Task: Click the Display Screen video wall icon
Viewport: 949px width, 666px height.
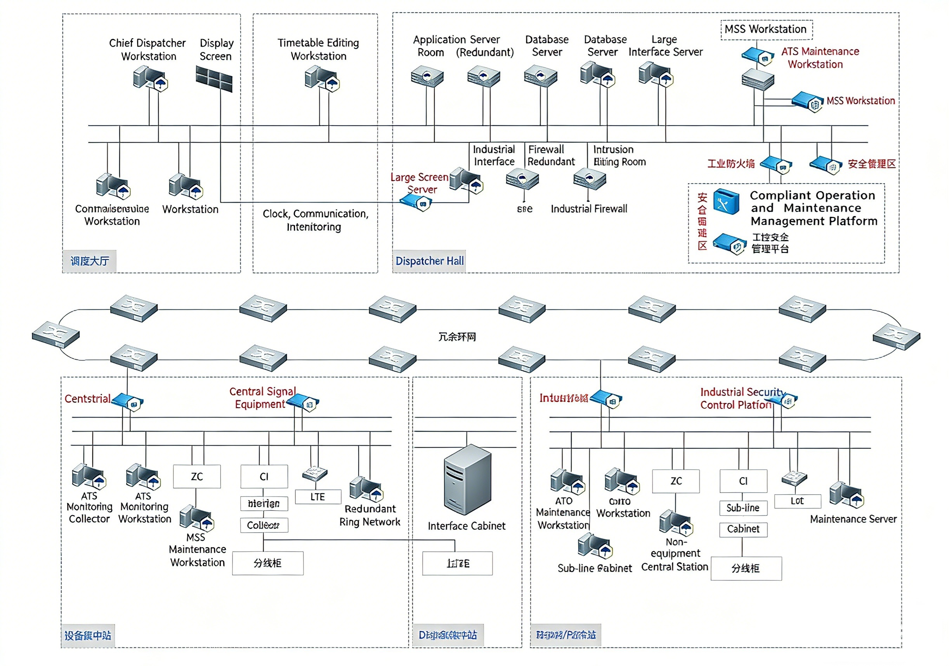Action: point(214,78)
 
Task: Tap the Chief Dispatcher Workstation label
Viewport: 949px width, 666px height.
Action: point(147,50)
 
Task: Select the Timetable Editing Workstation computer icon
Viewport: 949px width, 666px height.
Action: point(321,78)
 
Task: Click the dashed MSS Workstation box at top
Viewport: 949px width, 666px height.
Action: point(766,30)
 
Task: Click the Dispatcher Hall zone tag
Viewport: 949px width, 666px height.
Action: point(429,261)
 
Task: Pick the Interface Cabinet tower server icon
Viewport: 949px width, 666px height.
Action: point(467,480)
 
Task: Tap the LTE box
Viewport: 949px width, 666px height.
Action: point(318,497)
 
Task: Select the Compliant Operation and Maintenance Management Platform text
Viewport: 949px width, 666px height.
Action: point(813,208)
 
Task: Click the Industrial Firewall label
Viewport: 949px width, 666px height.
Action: point(588,209)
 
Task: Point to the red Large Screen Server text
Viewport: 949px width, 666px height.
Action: point(420,183)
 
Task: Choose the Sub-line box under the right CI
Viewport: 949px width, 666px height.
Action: point(743,507)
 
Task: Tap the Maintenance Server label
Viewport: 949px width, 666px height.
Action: point(853,519)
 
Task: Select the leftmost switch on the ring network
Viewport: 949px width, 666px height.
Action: point(56,334)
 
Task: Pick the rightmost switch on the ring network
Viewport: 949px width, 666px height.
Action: point(896,337)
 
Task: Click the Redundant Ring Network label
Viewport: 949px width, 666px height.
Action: point(370,515)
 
